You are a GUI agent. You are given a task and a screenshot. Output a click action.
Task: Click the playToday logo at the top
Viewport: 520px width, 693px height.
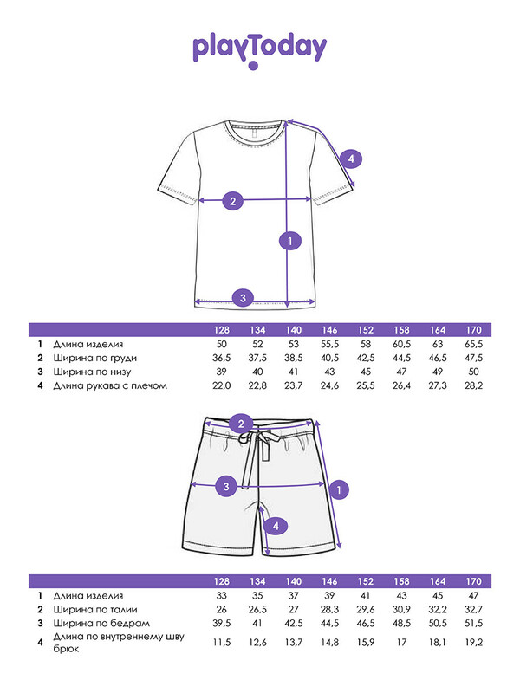[259, 49]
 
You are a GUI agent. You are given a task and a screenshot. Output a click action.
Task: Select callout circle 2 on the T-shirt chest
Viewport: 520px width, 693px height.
[231, 202]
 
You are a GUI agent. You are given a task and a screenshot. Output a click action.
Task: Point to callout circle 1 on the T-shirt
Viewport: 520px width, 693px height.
[291, 242]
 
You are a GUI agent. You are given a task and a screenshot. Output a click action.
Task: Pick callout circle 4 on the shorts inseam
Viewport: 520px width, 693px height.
[275, 525]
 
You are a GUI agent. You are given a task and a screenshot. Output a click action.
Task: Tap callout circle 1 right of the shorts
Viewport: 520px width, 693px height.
[340, 489]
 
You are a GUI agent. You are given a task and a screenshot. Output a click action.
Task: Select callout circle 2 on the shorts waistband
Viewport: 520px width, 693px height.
[244, 424]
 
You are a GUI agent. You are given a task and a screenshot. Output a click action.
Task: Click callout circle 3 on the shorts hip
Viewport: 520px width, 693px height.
[226, 486]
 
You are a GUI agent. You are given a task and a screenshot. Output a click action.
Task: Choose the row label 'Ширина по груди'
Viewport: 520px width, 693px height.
[95, 359]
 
